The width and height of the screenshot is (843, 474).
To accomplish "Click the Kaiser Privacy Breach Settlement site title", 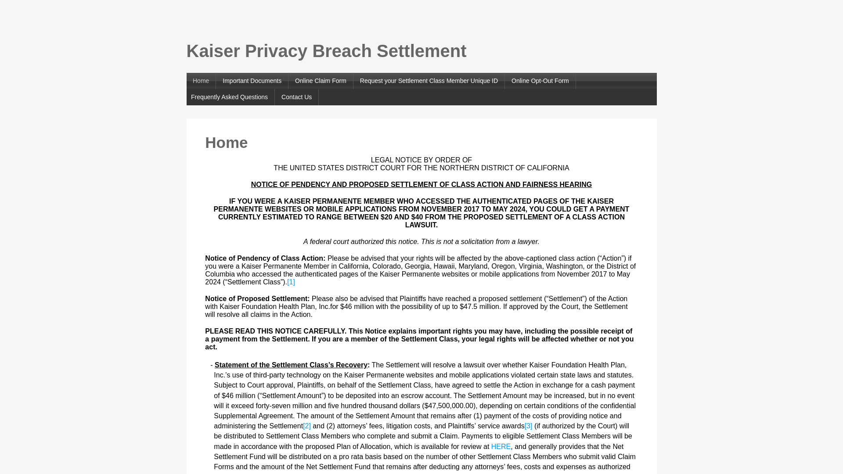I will pyautogui.click(x=326, y=51).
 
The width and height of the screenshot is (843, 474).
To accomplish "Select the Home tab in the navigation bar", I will pyautogui.click(x=201, y=81).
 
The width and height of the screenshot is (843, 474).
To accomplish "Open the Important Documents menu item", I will pyautogui.click(x=252, y=81).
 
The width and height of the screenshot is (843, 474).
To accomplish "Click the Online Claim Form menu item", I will pyautogui.click(x=321, y=81).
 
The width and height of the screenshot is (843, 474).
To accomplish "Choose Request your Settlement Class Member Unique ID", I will pyautogui.click(x=429, y=81).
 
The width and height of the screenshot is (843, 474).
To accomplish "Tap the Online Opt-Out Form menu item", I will pyautogui.click(x=540, y=81).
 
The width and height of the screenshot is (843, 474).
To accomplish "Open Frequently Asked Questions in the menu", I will pyautogui.click(x=229, y=97).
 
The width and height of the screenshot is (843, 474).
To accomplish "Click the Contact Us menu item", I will pyautogui.click(x=296, y=97).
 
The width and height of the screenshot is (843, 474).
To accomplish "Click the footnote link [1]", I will pyautogui.click(x=291, y=282).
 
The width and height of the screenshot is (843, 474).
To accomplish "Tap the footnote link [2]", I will pyautogui.click(x=307, y=426).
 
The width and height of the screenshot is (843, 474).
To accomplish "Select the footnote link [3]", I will pyautogui.click(x=528, y=426).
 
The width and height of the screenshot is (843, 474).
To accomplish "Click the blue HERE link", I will pyautogui.click(x=501, y=447).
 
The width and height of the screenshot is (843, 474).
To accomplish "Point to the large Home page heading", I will pyautogui.click(x=226, y=143).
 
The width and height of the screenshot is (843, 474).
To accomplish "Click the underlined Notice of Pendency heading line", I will pyautogui.click(x=421, y=185).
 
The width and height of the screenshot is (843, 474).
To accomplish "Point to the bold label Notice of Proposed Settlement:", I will pyautogui.click(x=257, y=299).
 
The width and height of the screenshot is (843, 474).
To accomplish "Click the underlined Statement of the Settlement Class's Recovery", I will pyautogui.click(x=291, y=365).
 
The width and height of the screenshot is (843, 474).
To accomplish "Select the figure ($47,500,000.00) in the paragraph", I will pyautogui.click(x=449, y=406).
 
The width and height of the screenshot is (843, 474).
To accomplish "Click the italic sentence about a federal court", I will pyautogui.click(x=421, y=242).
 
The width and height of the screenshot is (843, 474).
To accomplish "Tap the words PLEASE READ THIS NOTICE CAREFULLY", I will pyautogui.click(x=275, y=331).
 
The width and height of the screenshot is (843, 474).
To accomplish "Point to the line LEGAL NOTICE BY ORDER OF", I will pyautogui.click(x=421, y=160).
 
